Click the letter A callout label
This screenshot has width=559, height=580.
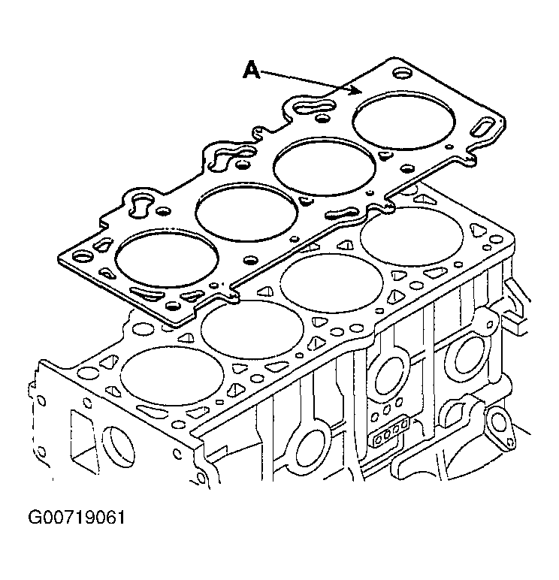pyautogui.click(x=251, y=71)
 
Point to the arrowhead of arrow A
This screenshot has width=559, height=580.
pyautogui.click(x=356, y=90)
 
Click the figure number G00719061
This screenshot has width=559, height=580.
pyautogui.click(x=77, y=518)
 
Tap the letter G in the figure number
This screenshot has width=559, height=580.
pyautogui.click(x=35, y=518)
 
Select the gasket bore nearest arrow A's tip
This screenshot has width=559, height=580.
pyautogui.click(x=403, y=120)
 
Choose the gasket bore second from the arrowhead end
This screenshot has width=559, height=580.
pyautogui.click(x=325, y=167)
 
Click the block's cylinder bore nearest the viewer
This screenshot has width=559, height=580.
pyautogui.click(x=172, y=376)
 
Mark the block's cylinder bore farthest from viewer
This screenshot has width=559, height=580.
pyautogui.click(x=412, y=237)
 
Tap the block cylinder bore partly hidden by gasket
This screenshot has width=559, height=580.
pyautogui.click(x=252, y=329)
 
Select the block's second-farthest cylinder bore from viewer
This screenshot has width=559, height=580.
pyautogui.click(x=332, y=283)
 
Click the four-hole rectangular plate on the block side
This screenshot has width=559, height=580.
pyautogui.click(x=391, y=431)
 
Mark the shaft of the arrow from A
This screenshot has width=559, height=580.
pyautogui.click(x=304, y=80)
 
